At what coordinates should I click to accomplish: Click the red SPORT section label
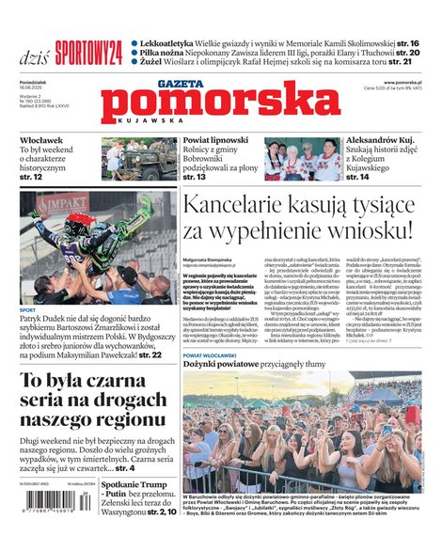click(x=28, y=308)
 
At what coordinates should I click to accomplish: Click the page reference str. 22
click(x=150, y=355)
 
